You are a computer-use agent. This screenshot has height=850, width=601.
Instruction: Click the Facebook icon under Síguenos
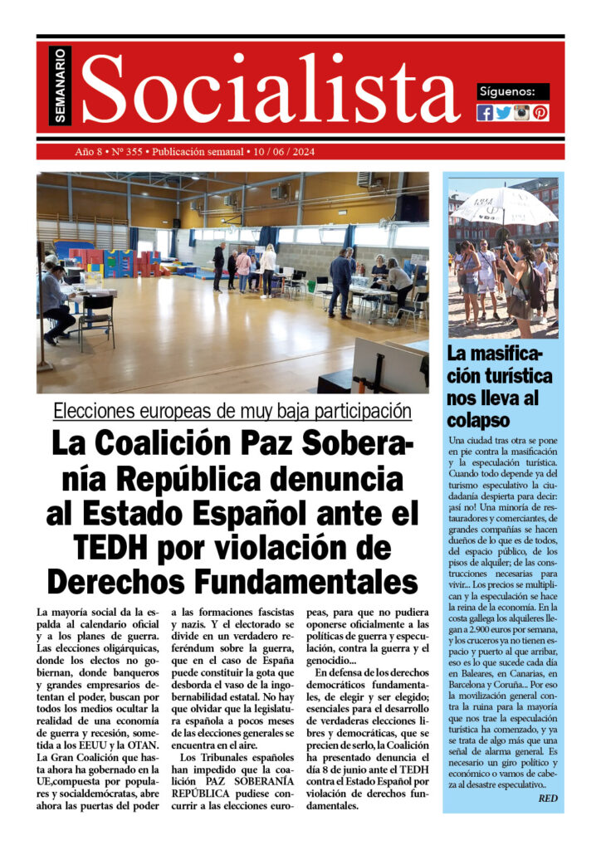[x=485, y=113]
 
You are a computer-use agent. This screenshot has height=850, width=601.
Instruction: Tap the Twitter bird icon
[x=503, y=113]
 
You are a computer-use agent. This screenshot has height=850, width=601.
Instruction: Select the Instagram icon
[x=521, y=113]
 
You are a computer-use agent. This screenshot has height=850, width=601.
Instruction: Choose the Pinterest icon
[x=540, y=113]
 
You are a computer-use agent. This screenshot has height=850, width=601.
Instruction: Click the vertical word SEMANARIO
[x=61, y=85]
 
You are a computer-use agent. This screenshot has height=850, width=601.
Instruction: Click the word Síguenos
[x=513, y=91]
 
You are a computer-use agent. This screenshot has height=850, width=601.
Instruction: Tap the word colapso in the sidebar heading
[x=478, y=419]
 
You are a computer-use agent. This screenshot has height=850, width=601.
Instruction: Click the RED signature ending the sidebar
[x=548, y=799]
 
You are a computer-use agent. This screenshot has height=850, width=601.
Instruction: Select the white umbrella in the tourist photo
[x=503, y=205]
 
